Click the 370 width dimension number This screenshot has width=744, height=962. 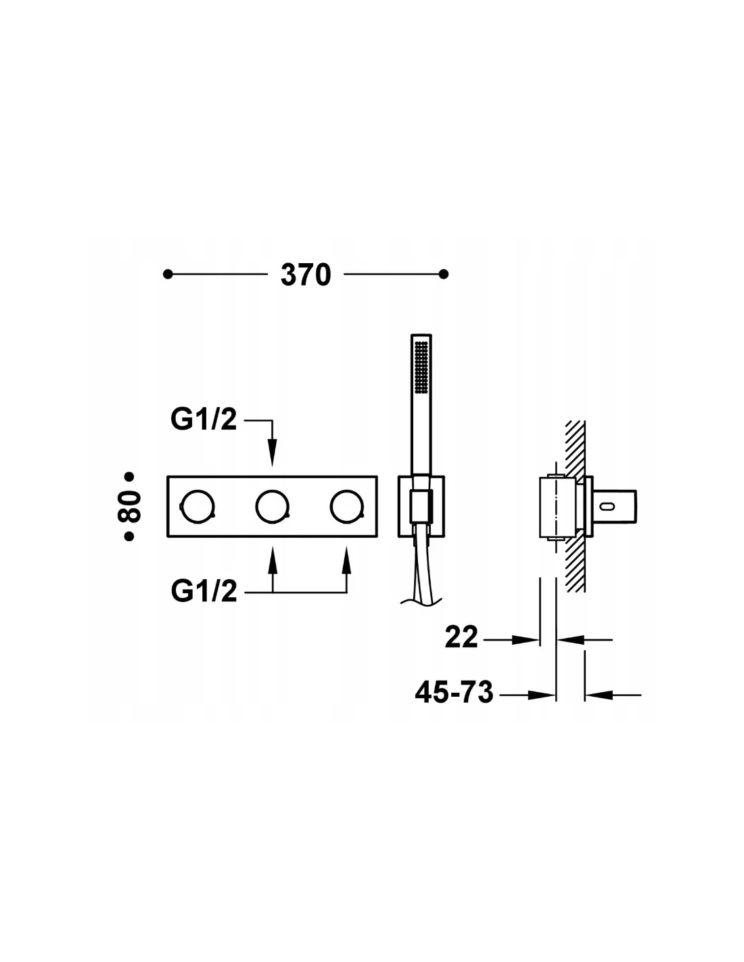click(x=306, y=275)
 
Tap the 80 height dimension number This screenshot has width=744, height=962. click(x=129, y=507)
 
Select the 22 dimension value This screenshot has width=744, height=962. click(x=462, y=637)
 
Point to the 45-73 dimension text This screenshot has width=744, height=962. click(x=454, y=692)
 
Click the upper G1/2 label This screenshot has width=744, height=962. click(x=204, y=419)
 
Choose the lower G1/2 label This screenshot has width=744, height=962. click(x=204, y=591)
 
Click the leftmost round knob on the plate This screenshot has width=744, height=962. click(x=197, y=507)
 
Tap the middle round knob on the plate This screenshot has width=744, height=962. click(x=272, y=507)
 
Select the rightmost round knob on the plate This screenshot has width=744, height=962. click(x=346, y=507)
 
